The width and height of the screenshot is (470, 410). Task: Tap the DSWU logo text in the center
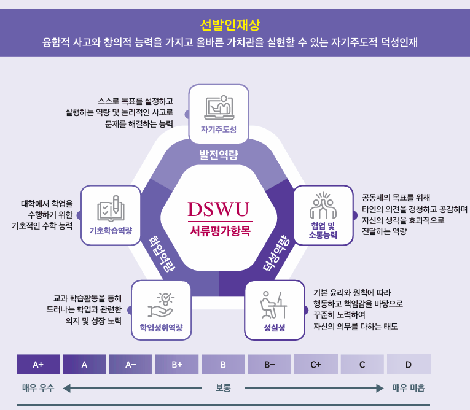click(x=219, y=210)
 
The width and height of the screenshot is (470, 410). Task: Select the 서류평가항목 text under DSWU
click(x=219, y=231)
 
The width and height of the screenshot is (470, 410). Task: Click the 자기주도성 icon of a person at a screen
click(x=219, y=107)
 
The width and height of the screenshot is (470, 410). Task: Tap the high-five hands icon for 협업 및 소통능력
click(x=324, y=206)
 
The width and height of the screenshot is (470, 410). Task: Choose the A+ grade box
click(x=38, y=365)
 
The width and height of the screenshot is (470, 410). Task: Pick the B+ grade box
click(x=177, y=365)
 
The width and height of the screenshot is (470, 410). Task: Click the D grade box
click(x=409, y=365)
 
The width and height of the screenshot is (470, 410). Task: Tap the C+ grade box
click(x=316, y=365)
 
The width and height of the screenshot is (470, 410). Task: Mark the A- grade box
click(x=130, y=365)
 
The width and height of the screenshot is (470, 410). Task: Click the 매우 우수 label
click(x=38, y=388)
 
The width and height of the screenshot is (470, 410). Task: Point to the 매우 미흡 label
click(x=409, y=388)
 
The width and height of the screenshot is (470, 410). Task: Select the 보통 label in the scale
click(x=223, y=388)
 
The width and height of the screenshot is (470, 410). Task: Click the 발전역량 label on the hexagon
click(x=219, y=153)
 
